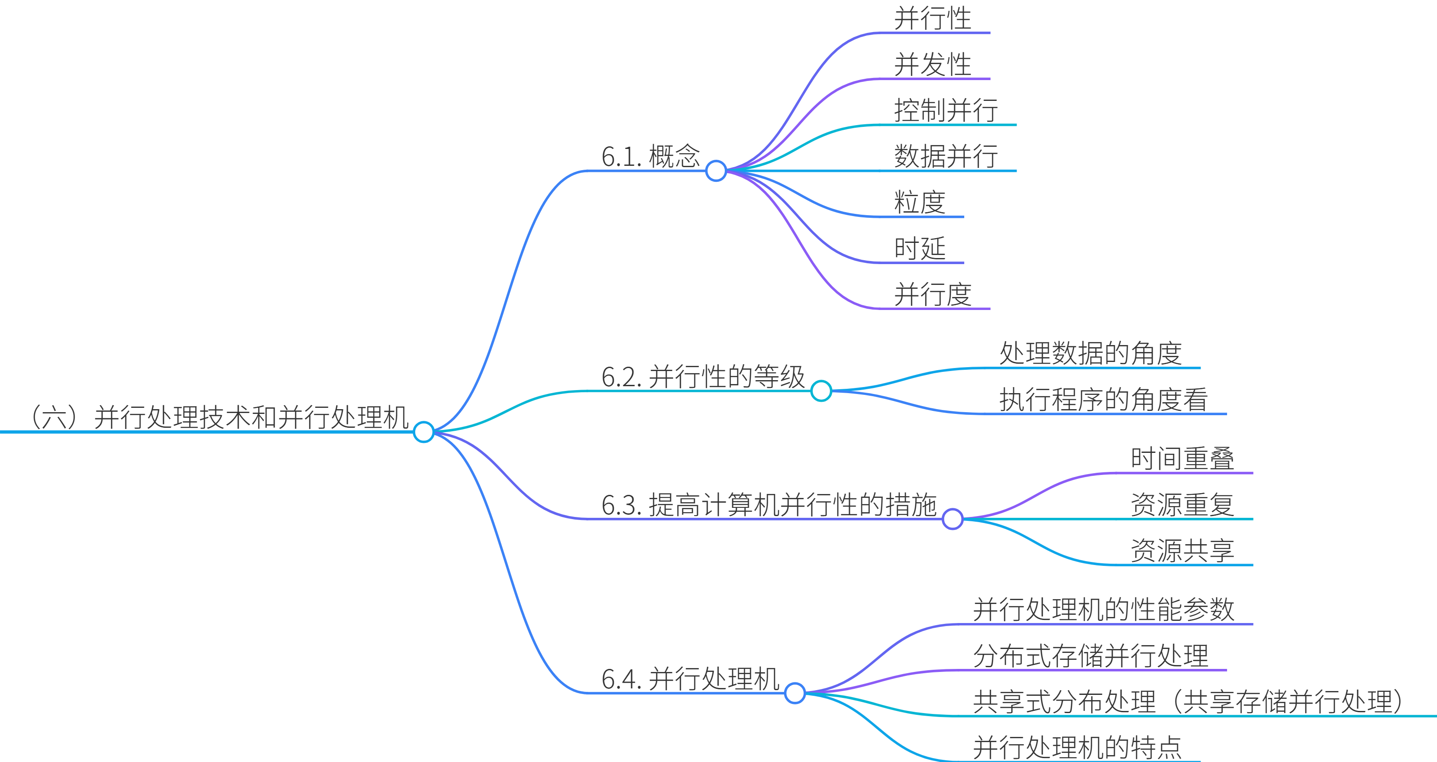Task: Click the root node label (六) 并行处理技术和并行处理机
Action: (220, 417)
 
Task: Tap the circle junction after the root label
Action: (424, 432)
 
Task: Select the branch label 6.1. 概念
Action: (650, 156)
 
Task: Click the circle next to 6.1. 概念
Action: (716, 171)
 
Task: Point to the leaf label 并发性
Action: (933, 64)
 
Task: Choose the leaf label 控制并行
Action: (946, 110)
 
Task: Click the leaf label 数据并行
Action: (946, 156)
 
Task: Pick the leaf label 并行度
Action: (933, 294)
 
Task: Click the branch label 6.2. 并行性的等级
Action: (703, 377)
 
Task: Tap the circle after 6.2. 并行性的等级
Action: (821, 391)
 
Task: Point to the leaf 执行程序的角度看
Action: (1104, 400)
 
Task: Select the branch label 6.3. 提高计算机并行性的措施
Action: (769, 505)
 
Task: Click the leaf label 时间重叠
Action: (1182, 458)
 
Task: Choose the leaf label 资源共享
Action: (1182, 551)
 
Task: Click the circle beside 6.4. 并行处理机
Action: (795, 694)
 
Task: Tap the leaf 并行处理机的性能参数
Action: (1104, 609)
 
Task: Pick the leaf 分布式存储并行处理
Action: (1091, 655)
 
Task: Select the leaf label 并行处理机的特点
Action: (1077, 748)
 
